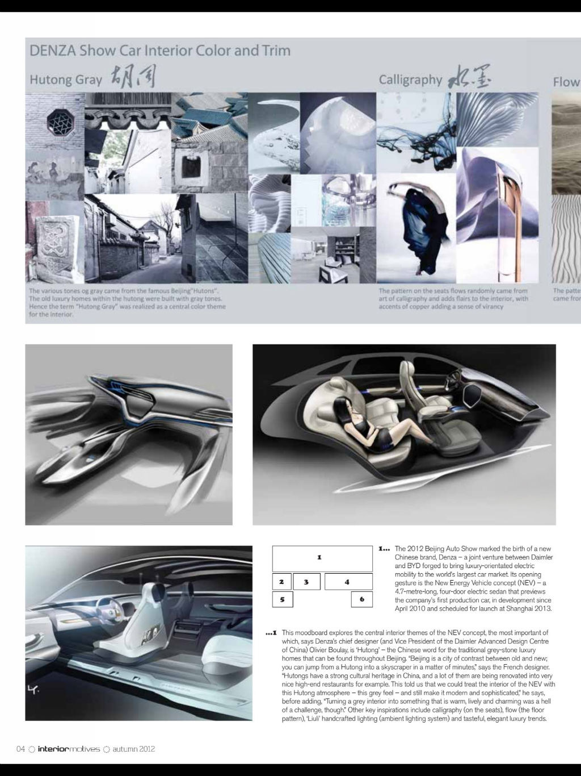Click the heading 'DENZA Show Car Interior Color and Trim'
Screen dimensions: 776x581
click(160, 51)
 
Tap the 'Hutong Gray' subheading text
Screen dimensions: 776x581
click(66, 79)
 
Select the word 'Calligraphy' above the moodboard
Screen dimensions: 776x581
click(410, 80)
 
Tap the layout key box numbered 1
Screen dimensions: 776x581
click(322, 558)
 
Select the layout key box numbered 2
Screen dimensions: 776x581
click(281, 582)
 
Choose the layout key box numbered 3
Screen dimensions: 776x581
click(306, 582)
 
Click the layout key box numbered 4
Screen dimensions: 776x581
click(348, 582)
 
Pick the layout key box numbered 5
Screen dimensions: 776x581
click(282, 599)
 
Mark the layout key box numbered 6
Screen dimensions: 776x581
click(361, 599)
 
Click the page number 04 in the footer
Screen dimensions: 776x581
click(21, 749)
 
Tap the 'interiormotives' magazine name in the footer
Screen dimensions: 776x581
click(69, 749)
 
